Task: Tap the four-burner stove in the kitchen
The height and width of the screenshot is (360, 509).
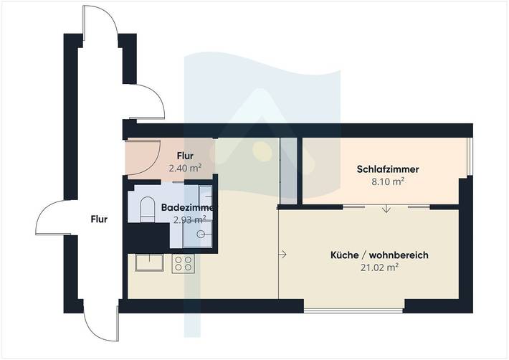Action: (x=184, y=264)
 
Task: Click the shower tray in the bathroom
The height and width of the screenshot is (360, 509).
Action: (x=201, y=232)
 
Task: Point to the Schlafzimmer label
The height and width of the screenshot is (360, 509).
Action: (x=387, y=169)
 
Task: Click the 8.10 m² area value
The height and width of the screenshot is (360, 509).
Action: (x=387, y=182)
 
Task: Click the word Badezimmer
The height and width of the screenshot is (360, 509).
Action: (x=186, y=207)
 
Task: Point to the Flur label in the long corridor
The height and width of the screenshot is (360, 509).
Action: (x=99, y=219)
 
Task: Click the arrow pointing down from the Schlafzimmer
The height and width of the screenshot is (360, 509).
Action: (x=386, y=209)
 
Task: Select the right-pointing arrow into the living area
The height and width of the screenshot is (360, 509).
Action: (x=285, y=254)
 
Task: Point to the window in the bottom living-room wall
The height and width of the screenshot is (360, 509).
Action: (x=354, y=311)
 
